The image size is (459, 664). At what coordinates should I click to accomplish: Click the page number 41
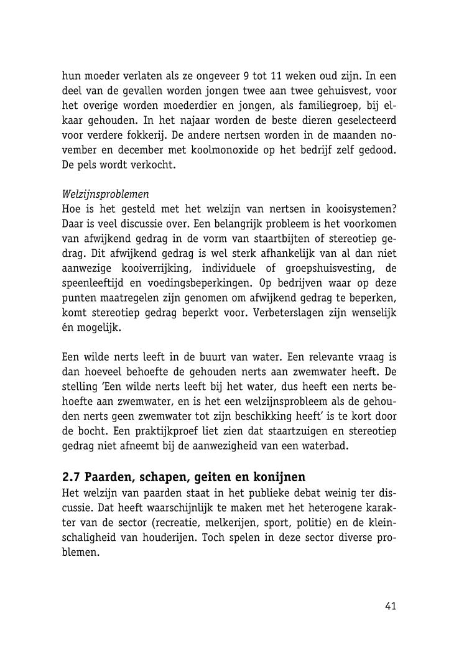[x=390, y=606]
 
